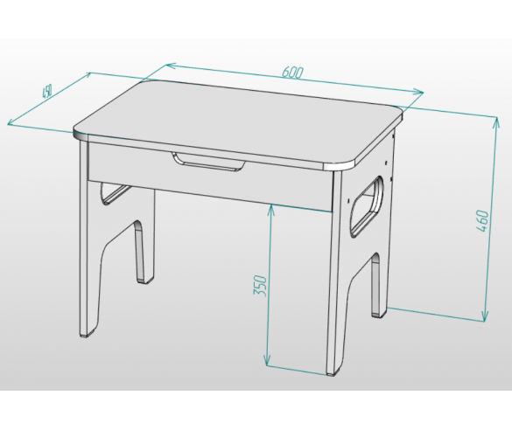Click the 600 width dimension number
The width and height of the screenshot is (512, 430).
point(293,73)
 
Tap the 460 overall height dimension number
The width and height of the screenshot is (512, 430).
point(482,221)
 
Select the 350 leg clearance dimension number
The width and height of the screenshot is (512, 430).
point(260,286)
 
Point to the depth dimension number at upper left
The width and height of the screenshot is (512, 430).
point(47,92)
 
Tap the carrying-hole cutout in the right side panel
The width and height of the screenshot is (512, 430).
point(367,206)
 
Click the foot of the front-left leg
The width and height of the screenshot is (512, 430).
point(86,334)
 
